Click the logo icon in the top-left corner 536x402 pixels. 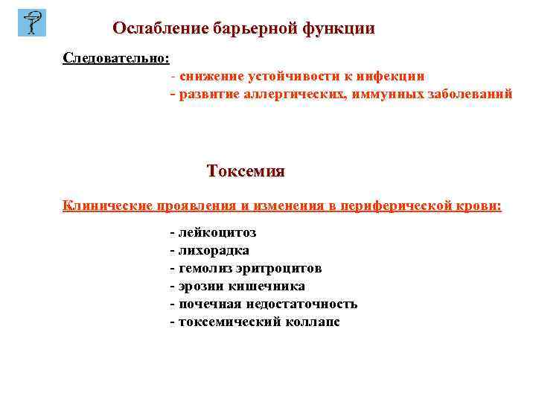(x=31, y=22)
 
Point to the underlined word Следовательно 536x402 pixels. (x=116, y=57)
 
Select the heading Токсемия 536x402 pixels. (x=246, y=171)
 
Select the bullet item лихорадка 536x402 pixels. (x=214, y=250)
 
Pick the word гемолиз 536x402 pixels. (x=203, y=268)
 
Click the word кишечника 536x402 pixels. (x=270, y=286)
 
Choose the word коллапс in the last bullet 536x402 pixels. (x=312, y=322)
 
